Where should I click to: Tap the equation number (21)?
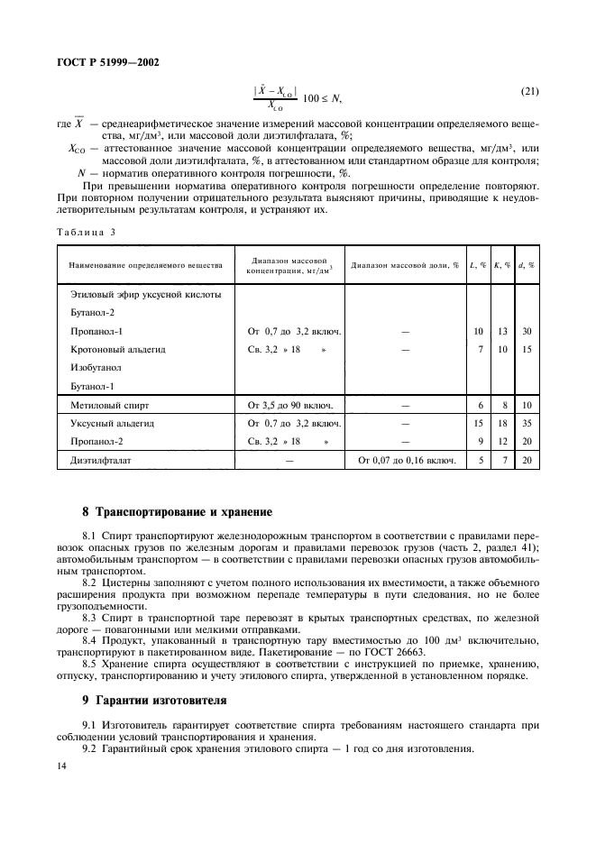point(531,92)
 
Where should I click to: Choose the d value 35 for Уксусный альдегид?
point(527,423)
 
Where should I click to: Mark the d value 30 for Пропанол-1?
point(527,331)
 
